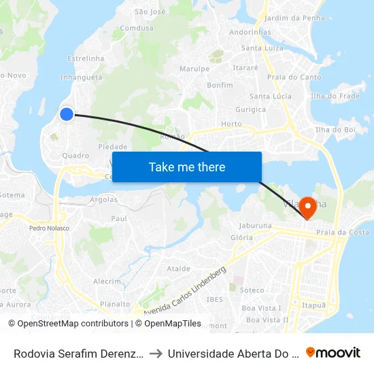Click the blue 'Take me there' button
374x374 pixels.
click(187, 167)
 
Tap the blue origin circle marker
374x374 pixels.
click(67, 114)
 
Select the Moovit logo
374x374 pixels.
click(333, 352)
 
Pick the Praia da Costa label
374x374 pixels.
click(347, 233)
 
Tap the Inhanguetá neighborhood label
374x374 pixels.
click(81, 78)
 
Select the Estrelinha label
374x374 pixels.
click(85, 59)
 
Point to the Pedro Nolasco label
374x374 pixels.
click(49, 228)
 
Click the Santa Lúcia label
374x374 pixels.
click(271, 97)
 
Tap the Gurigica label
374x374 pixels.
click(250, 109)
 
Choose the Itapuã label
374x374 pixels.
click(313, 306)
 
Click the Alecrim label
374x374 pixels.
click(107, 282)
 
